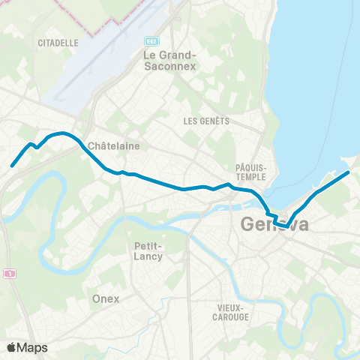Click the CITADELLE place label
(58, 43)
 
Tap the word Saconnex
(169, 66)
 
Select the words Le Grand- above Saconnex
(169, 55)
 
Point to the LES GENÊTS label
(206, 121)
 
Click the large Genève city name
(274, 224)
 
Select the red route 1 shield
(9, 274)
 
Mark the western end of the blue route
(12, 166)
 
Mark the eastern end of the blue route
(348, 173)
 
